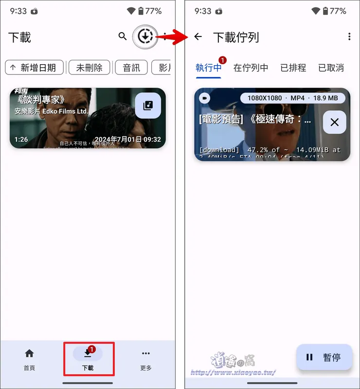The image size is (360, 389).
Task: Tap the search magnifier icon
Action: pyautogui.click(x=123, y=36)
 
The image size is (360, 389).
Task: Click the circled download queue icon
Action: pyautogui.click(x=145, y=36)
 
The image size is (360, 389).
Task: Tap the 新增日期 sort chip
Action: pyautogui.click(x=34, y=68)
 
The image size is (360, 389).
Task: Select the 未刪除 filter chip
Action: pyautogui.click(x=89, y=68)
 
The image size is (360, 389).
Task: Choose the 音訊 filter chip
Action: pyautogui.click(x=131, y=68)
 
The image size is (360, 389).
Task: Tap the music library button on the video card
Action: pyautogui.click(x=147, y=106)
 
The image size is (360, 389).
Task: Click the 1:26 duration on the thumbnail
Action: pyautogui.click(x=21, y=140)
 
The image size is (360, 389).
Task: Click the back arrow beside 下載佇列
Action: pyautogui.click(x=198, y=36)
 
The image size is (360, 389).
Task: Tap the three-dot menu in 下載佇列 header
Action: pyautogui.click(x=349, y=36)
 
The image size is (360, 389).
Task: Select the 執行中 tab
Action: pyautogui.click(x=208, y=68)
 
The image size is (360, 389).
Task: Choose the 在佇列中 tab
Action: pyautogui.click(x=251, y=68)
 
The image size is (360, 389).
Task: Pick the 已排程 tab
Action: pyautogui.click(x=293, y=68)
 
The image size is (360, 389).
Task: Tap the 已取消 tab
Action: pyautogui.click(x=331, y=68)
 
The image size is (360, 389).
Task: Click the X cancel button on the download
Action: pyautogui.click(x=334, y=123)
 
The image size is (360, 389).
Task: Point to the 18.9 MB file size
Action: pyautogui.click(x=325, y=98)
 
